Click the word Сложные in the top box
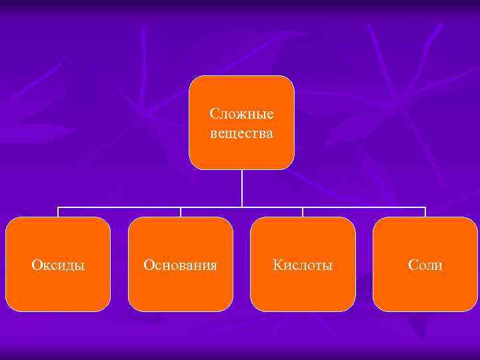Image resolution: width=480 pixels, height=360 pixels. pyautogui.click(x=241, y=114)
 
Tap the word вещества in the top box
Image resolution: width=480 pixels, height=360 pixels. pyautogui.click(x=241, y=133)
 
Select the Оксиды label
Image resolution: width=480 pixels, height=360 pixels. pyautogui.click(x=58, y=265)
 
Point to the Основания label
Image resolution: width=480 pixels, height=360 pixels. pyautogui.click(x=180, y=265)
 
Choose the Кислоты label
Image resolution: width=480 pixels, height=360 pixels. pyautogui.click(x=303, y=265)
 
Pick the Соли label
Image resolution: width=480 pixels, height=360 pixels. pyautogui.click(x=425, y=265)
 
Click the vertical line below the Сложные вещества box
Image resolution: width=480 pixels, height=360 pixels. pyautogui.click(x=242, y=187)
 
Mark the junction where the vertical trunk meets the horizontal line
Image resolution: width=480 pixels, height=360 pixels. pyautogui.click(x=242, y=207)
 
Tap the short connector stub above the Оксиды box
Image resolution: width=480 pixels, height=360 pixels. pyautogui.click(x=58, y=212)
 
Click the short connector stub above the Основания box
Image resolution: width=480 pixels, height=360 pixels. pyautogui.click(x=181, y=212)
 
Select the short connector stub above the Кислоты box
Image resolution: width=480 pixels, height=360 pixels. pyautogui.click(x=303, y=212)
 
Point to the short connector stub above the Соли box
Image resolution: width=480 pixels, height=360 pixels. pyautogui.click(x=425, y=212)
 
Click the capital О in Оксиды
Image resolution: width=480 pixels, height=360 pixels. pyautogui.click(x=36, y=265)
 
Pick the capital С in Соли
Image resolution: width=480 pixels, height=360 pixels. pyautogui.click(x=412, y=265)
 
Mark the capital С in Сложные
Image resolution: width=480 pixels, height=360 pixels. pyautogui.click(x=213, y=114)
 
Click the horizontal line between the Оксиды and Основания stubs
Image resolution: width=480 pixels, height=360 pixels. pyautogui.click(x=120, y=207)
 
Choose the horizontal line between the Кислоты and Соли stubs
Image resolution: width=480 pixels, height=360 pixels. pyautogui.click(x=364, y=207)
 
